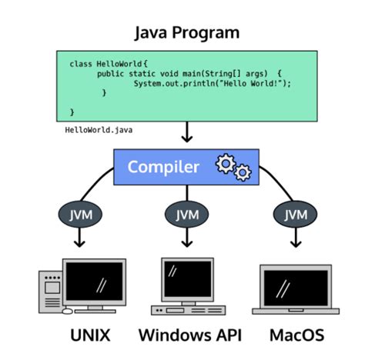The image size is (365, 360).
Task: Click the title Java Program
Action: [x=187, y=33]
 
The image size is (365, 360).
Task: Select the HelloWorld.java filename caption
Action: [x=99, y=130]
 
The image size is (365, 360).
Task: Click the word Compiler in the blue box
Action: [x=163, y=166]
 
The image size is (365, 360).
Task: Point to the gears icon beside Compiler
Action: [x=233, y=166]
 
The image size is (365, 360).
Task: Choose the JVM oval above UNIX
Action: [x=80, y=213]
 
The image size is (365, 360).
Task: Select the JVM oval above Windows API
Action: [x=187, y=213]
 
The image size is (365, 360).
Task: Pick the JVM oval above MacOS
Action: [x=293, y=213]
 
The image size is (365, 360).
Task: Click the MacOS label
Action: [x=297, y=335]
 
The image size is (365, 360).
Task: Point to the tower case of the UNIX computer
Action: [x=52, y=293]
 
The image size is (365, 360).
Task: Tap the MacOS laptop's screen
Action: [x=296, y=286]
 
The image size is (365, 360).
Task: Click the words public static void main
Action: [x=143, y=73]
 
